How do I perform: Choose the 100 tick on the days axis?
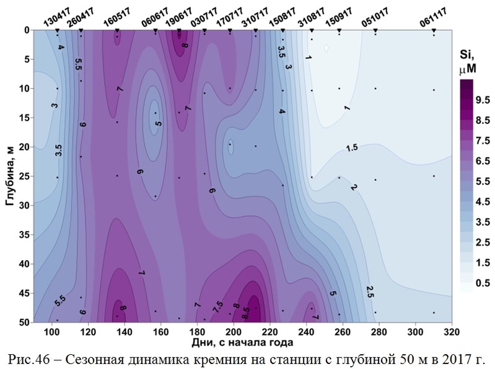(64, 331)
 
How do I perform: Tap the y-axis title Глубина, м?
(9, 176)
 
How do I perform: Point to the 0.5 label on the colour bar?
(481, 283)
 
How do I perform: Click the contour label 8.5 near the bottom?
(246, 315)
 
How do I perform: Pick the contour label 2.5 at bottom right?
(370, 291)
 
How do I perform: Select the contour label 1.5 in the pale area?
(352, 147)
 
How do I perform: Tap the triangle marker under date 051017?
(375, 30)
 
